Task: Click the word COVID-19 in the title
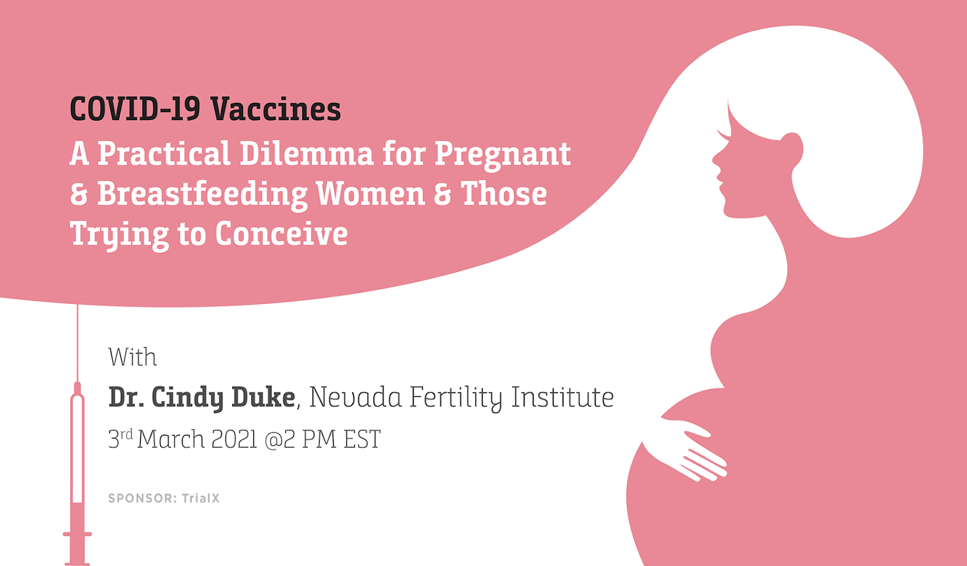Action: (x=135, y=108)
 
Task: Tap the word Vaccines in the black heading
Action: (x=276, y=108)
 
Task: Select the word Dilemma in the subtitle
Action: (x=306, y=153)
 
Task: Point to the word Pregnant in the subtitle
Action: (x=502, y=155)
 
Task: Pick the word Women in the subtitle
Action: (x=370, y=194)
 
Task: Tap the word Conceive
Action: (x=282, y=234)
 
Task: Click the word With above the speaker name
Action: (x=132, y=357)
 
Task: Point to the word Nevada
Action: (x=355, y=397)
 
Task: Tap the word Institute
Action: (x=563, y=397)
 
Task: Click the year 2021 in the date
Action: (x=234, y=439)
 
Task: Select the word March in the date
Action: (x=171, y=439)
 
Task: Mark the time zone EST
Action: (x=362, y=439)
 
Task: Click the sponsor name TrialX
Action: (x=201, y=498)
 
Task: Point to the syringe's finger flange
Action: (x=77, y=535)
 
